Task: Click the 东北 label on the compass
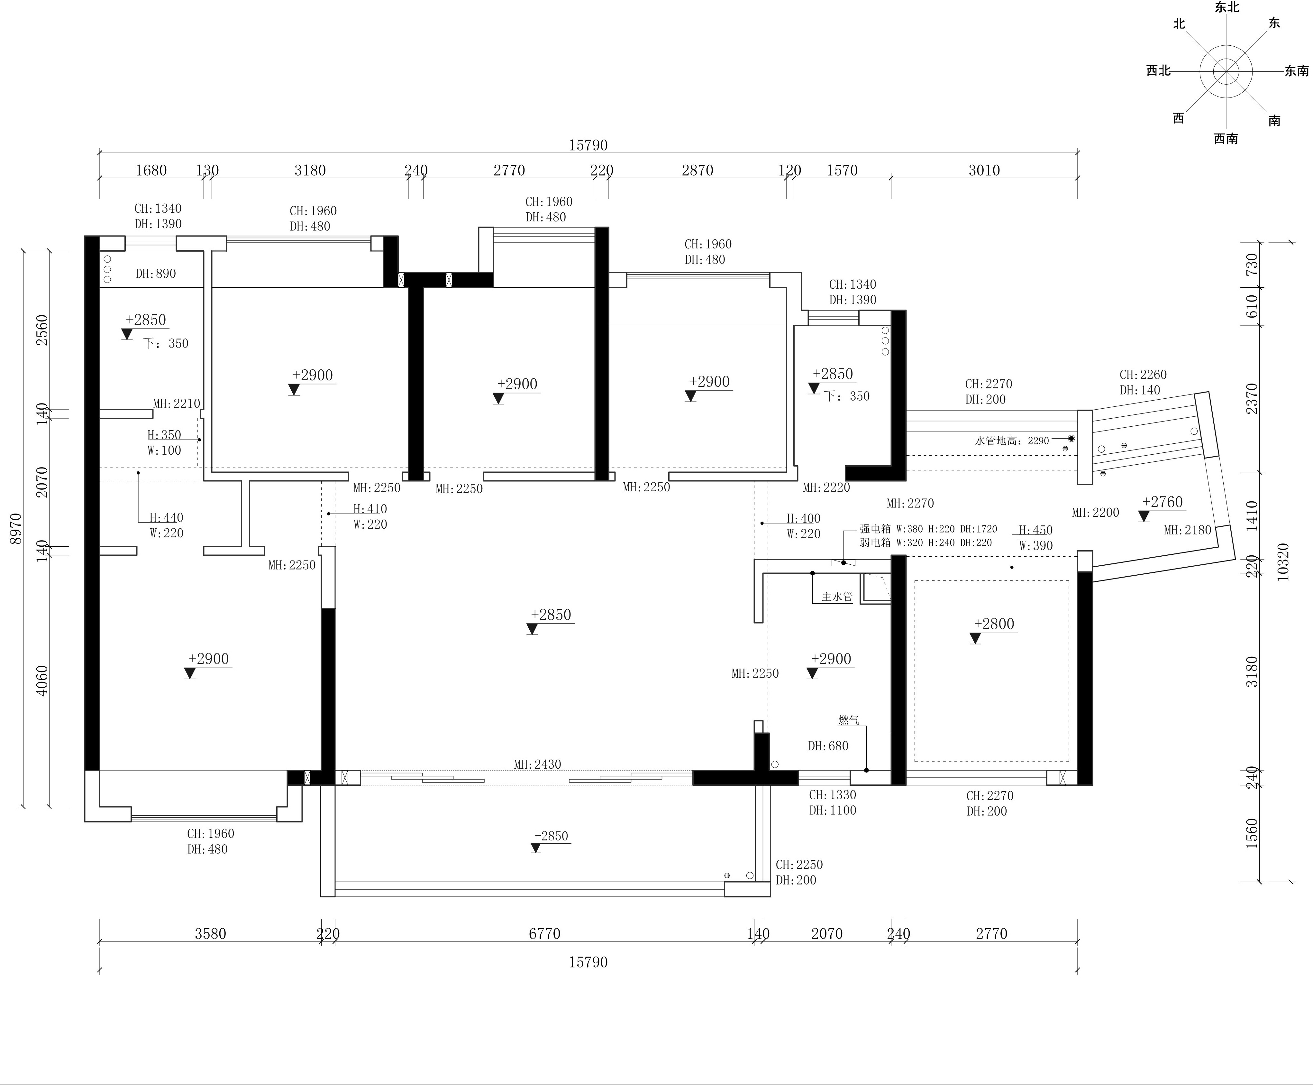click(1227, 7)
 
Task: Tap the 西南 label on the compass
click(1226, 139)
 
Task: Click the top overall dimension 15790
click(588, 145)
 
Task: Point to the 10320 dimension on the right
click(1283, 562)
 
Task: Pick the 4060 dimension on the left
click(41, 681)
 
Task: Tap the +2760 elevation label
click(1163, 502)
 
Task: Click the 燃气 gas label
click(848, 720)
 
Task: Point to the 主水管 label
click(837, 596)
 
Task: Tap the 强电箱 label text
click(875, 529)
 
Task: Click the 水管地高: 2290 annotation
click(1012, 440)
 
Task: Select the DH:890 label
click(156, 274)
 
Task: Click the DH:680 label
click(828, 746)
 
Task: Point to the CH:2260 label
click(1143, 374)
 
